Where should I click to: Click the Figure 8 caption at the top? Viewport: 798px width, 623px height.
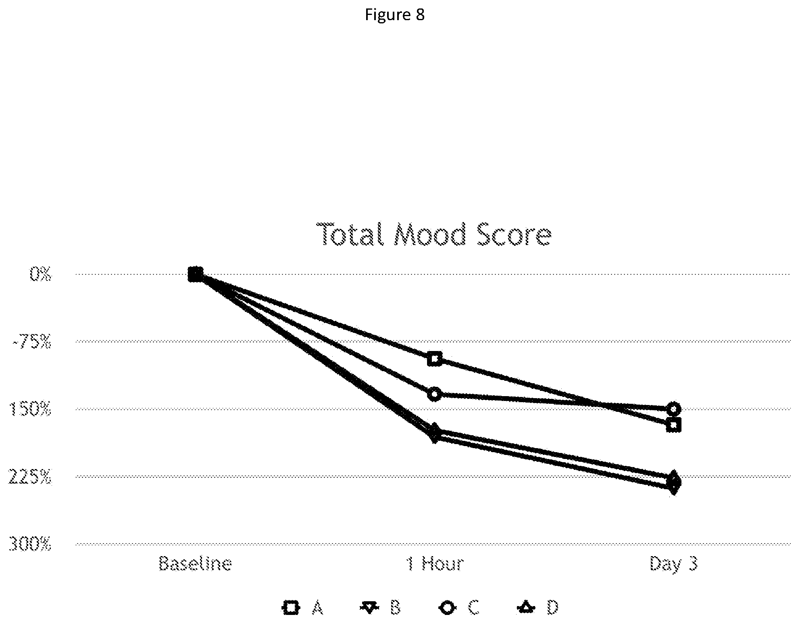point(395,15)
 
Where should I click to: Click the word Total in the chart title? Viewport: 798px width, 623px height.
point(351,235)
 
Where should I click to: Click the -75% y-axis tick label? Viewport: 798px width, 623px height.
point(32,343)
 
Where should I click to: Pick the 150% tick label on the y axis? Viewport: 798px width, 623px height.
point(30,410)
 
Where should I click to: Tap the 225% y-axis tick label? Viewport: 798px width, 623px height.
point(30,478)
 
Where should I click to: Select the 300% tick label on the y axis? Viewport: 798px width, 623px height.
point(30,545)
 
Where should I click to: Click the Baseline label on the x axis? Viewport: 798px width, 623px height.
point(195,563)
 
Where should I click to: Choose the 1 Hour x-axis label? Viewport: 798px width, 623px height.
point(435,563)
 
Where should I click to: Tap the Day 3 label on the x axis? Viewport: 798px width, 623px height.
point(673,563)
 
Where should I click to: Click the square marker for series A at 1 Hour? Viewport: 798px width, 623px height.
point(435,358)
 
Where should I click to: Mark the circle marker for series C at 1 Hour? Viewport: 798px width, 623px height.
point(435,394)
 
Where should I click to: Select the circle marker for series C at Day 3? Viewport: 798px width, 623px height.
point(674,409)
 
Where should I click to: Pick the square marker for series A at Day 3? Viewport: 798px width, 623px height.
point(674,425)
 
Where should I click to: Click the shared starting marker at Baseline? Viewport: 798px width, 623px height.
point(195,274)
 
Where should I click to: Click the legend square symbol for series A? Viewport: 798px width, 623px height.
point(291,607)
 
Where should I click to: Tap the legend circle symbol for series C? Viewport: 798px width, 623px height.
point(447,607)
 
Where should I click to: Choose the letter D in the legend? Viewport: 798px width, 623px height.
point(552,607)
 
